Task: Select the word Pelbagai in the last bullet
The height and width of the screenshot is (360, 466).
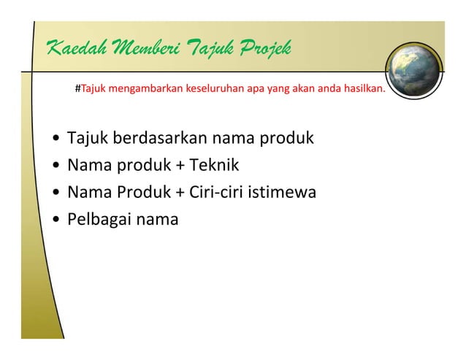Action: click(x=99, y=220)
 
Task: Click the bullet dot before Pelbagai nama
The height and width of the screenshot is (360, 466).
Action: click(x=57, y=220)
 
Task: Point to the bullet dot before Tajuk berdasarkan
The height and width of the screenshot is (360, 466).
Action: click(x=57, y=138)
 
